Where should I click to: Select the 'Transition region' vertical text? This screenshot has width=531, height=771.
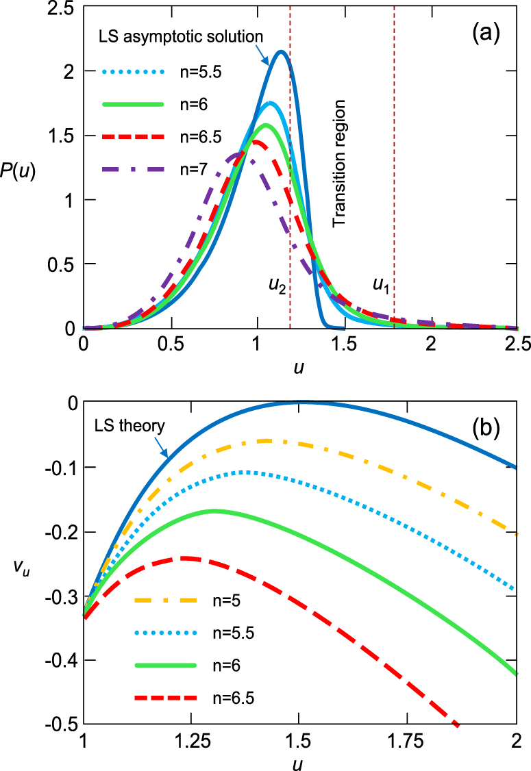(338, 164)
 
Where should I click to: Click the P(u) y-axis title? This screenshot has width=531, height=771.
(18, 170)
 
